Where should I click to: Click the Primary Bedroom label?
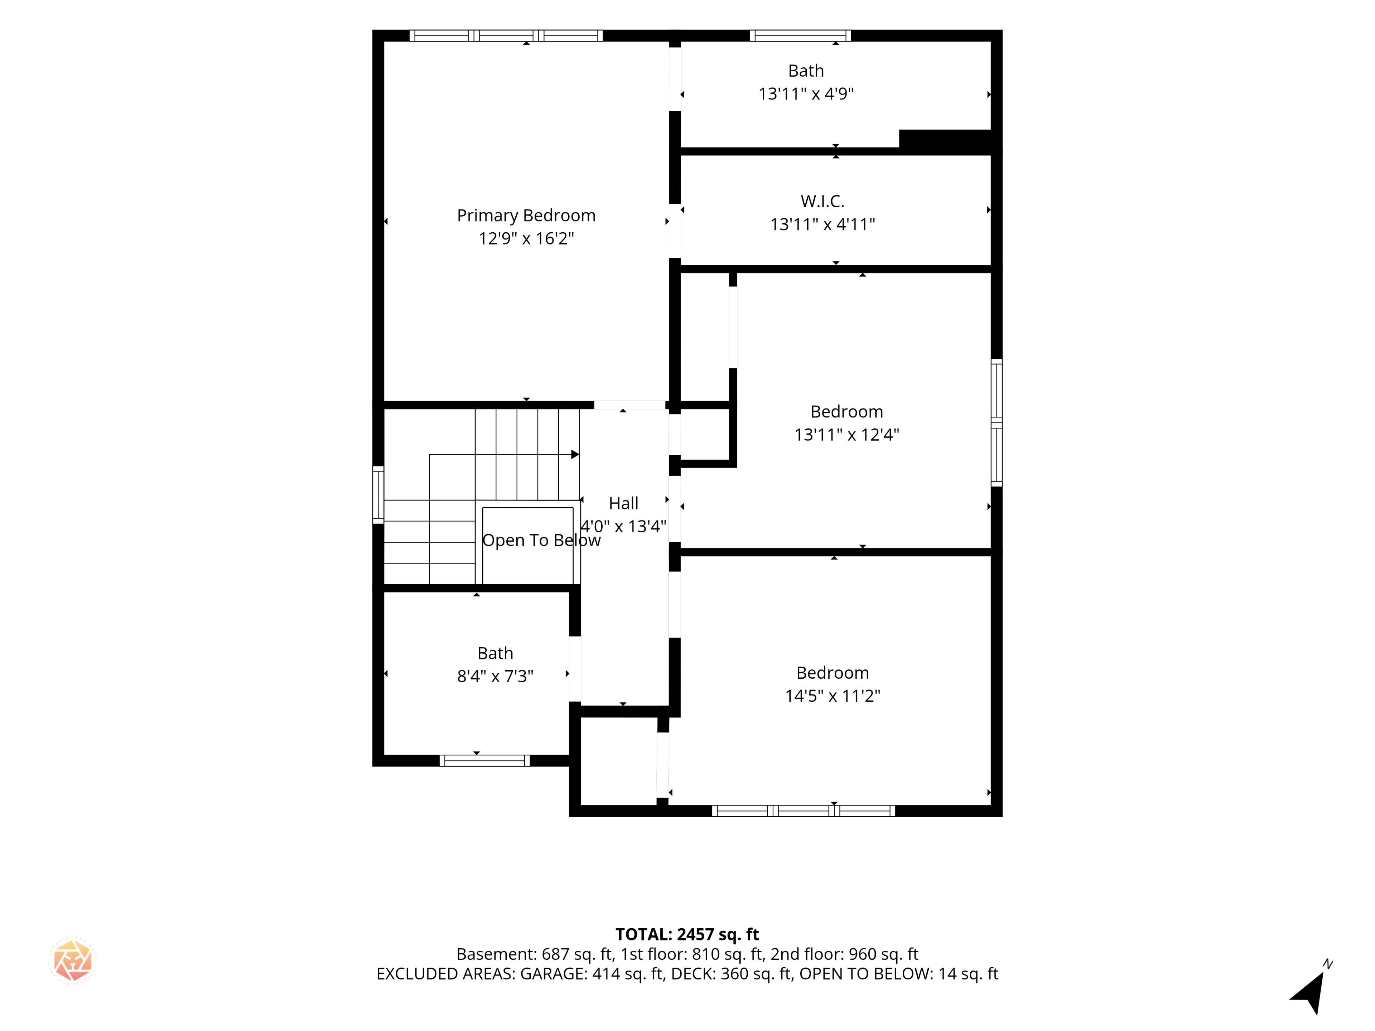point(526,216)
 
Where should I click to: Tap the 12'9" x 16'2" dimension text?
point(526,239)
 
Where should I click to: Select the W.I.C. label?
point(822,201)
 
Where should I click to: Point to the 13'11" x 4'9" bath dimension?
point(806,94)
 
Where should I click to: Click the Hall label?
point(623,503)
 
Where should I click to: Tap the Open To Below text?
point(541,541)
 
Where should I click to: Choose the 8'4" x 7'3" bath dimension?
point(496,676)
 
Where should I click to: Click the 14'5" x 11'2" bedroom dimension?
point(832,696)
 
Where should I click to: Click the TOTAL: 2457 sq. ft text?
point(687,934)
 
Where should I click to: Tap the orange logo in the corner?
point(73,960)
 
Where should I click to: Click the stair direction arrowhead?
point(575,454)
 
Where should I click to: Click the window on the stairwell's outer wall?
point(378,495)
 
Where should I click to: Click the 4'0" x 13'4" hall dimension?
point(623,526)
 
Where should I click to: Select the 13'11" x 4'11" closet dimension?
point(822,224)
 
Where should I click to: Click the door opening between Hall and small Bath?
point(575,669)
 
